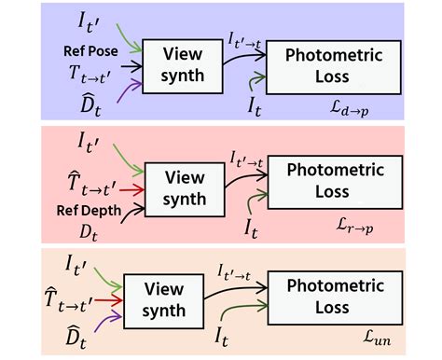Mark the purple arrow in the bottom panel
(107, 320)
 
